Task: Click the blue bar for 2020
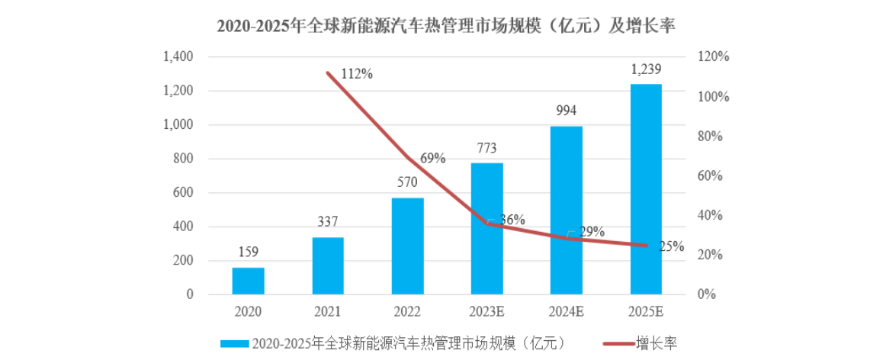pos(248,281)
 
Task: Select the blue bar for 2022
pos(407,246)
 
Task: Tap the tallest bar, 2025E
pos(646,189)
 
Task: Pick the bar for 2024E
pos(567,210)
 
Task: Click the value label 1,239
pos(646,69)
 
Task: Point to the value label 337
pos(328,223)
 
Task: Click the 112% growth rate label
pos(356,74)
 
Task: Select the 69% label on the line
pos(432,158)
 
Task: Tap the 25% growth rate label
pos(671,246)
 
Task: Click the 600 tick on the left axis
pos(183,193)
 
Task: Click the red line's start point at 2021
pos(328,73)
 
